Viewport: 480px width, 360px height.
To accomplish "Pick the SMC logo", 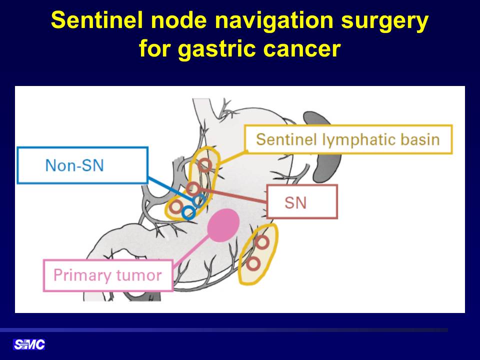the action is (29, 344).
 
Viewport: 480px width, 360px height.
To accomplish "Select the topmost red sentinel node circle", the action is (205, 165).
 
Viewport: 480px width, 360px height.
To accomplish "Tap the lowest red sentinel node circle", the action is (253, 263).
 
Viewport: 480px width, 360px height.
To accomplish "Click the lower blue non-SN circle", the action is (188, 212).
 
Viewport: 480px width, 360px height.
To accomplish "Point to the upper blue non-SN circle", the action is (199, 201).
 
